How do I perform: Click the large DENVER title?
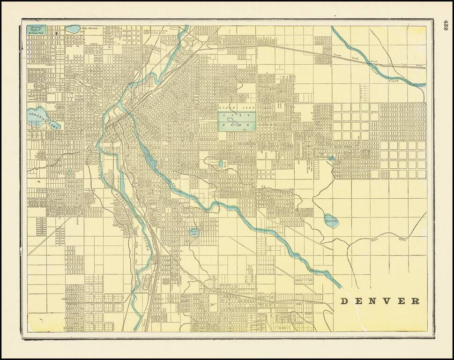pos(380,300)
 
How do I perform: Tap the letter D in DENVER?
pos(344,300)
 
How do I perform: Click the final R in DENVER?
pos(416,300)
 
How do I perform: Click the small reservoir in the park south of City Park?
pos(221,164)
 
